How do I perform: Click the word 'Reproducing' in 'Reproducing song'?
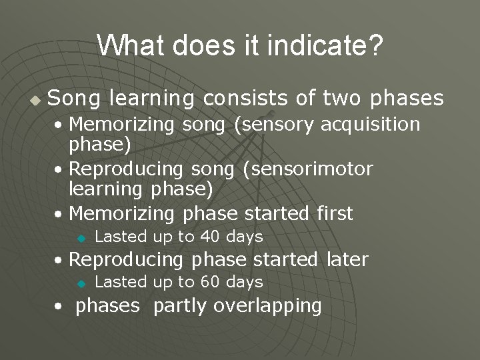tap(126, 169)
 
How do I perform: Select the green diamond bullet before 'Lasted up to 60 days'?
tap(81, 283)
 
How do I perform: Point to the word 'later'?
tap(347, 259)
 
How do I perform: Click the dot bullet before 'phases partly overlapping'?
tap(59, 307)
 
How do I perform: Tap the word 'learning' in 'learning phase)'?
tap(103, 191)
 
